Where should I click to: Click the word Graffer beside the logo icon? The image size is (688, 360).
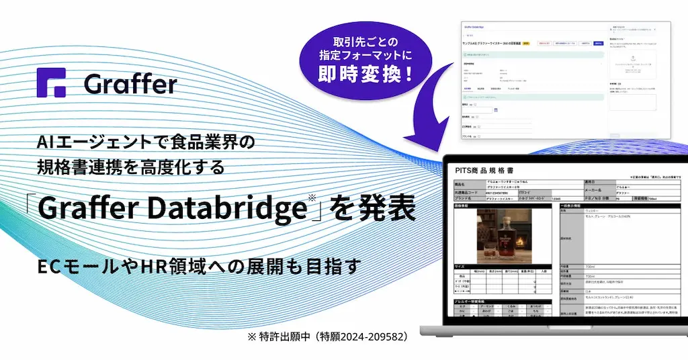[x=130, y=83]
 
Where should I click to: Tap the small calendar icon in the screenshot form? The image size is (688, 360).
[x=495, y=110]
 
